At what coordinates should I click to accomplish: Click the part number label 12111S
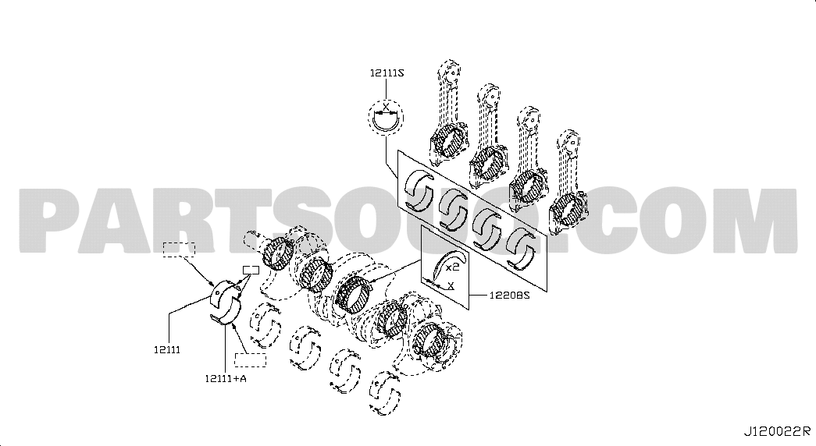[387, 73]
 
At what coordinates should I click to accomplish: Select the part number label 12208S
[509, 296]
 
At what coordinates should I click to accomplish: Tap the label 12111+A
[226, 378]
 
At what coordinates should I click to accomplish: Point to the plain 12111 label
[167, 350]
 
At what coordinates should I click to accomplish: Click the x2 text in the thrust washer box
[452, 267]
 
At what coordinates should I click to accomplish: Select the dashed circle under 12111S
[387, 118]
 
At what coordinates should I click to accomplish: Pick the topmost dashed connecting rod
[448, 110]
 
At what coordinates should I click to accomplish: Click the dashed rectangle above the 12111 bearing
[179, 250]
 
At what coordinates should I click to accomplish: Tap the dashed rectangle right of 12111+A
[251, 359]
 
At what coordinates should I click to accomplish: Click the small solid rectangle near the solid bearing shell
[251, 270]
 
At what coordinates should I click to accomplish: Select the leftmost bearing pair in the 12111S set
[419, 191]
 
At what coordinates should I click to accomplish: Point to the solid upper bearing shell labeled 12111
[224, 294]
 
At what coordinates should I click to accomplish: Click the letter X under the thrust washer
[451, 285]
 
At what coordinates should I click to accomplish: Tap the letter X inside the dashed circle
[386, 107]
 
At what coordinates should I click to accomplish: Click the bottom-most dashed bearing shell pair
[385, 393]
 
